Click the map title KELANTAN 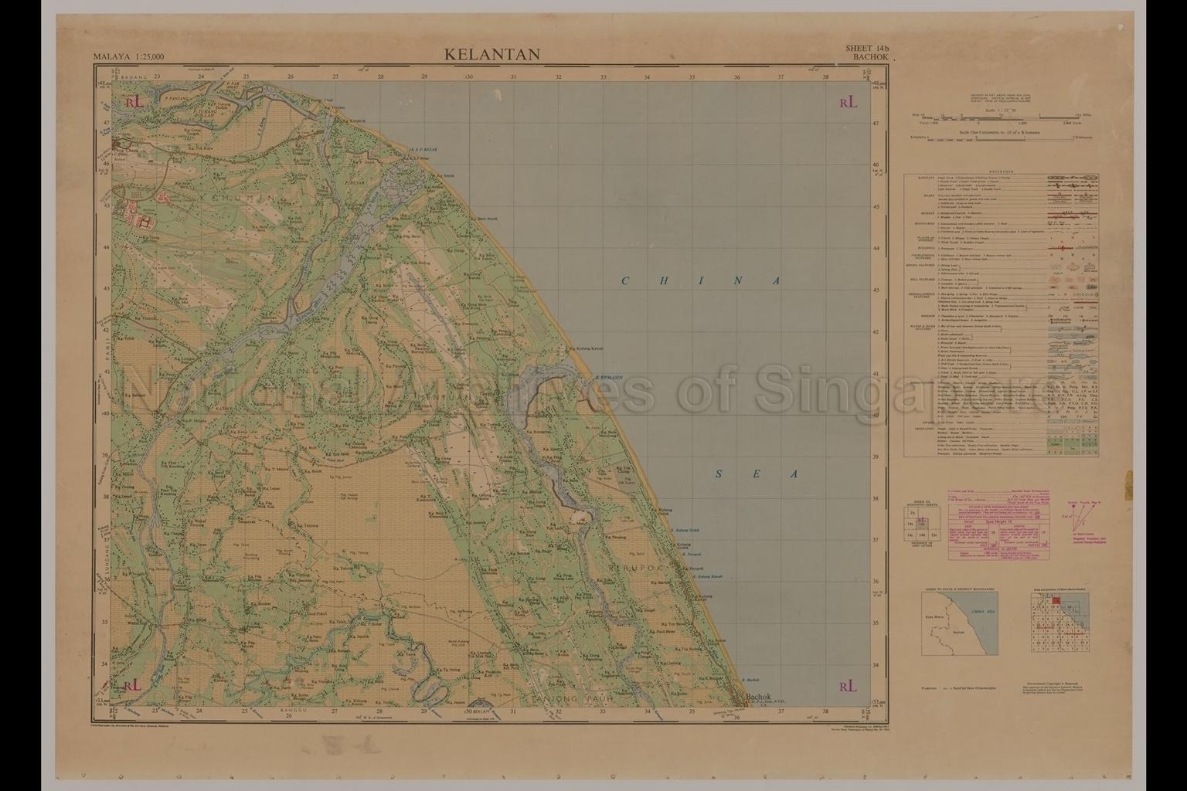491,54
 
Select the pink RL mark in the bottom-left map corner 132,685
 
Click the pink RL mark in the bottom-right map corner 848,685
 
